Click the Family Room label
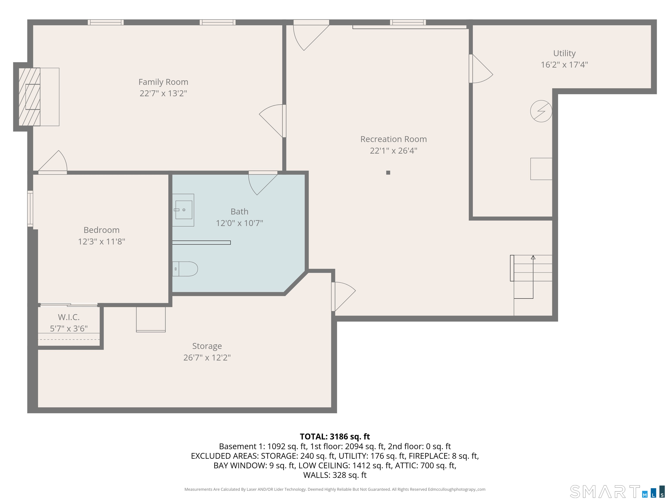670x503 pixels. coord(163,82)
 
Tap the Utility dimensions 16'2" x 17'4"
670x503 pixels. coord(564,65)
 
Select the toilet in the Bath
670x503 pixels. coord(185,269)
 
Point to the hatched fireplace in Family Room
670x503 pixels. coord(29,97)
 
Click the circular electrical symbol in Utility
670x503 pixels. coord(541,111)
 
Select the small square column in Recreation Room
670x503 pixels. coord(388,172)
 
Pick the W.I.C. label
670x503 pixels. coord(69,317)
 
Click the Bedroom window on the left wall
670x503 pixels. coord(30,208)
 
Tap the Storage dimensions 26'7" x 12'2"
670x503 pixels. coord(207,357)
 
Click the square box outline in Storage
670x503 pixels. coord(150,319)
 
